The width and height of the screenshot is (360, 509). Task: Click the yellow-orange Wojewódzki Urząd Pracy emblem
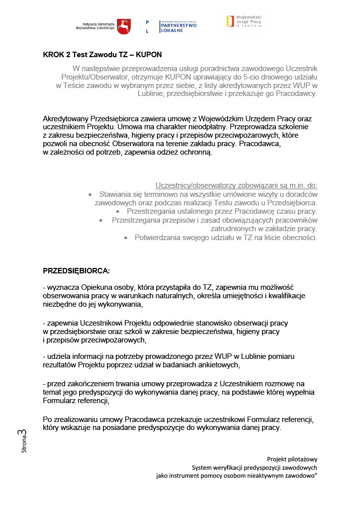pos(229,21)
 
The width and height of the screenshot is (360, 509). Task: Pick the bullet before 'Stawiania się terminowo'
pos(90,194)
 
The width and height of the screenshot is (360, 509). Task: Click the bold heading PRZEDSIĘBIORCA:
pos(76,271)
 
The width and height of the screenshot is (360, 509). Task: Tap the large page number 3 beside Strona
pos(23,433)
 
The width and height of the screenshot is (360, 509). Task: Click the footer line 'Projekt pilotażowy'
pos(292,459)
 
